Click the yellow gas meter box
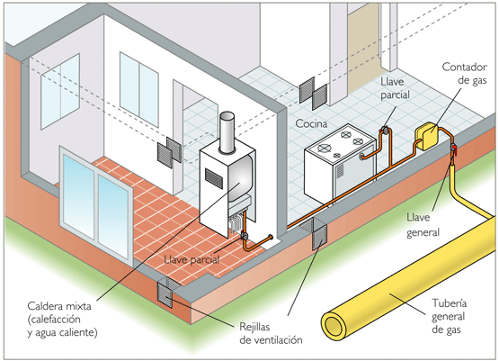[427, 136]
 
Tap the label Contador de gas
[464, 73]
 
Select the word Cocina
[311, 123]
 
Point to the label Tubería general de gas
[449, 316]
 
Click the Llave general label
[423, 225]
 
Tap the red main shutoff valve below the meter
[453, 149]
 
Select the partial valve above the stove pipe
[385, 131]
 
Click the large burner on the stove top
[324, 148]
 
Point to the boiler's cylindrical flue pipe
[227, 132]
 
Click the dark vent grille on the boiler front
[214, 177]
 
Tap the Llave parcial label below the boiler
[192, 259]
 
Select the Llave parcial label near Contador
[395, 88]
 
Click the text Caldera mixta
[59, 306]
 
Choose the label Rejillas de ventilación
[271, 333]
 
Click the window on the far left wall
[60, 92]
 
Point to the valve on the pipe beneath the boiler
[245, 236]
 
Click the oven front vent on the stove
[340, 170]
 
